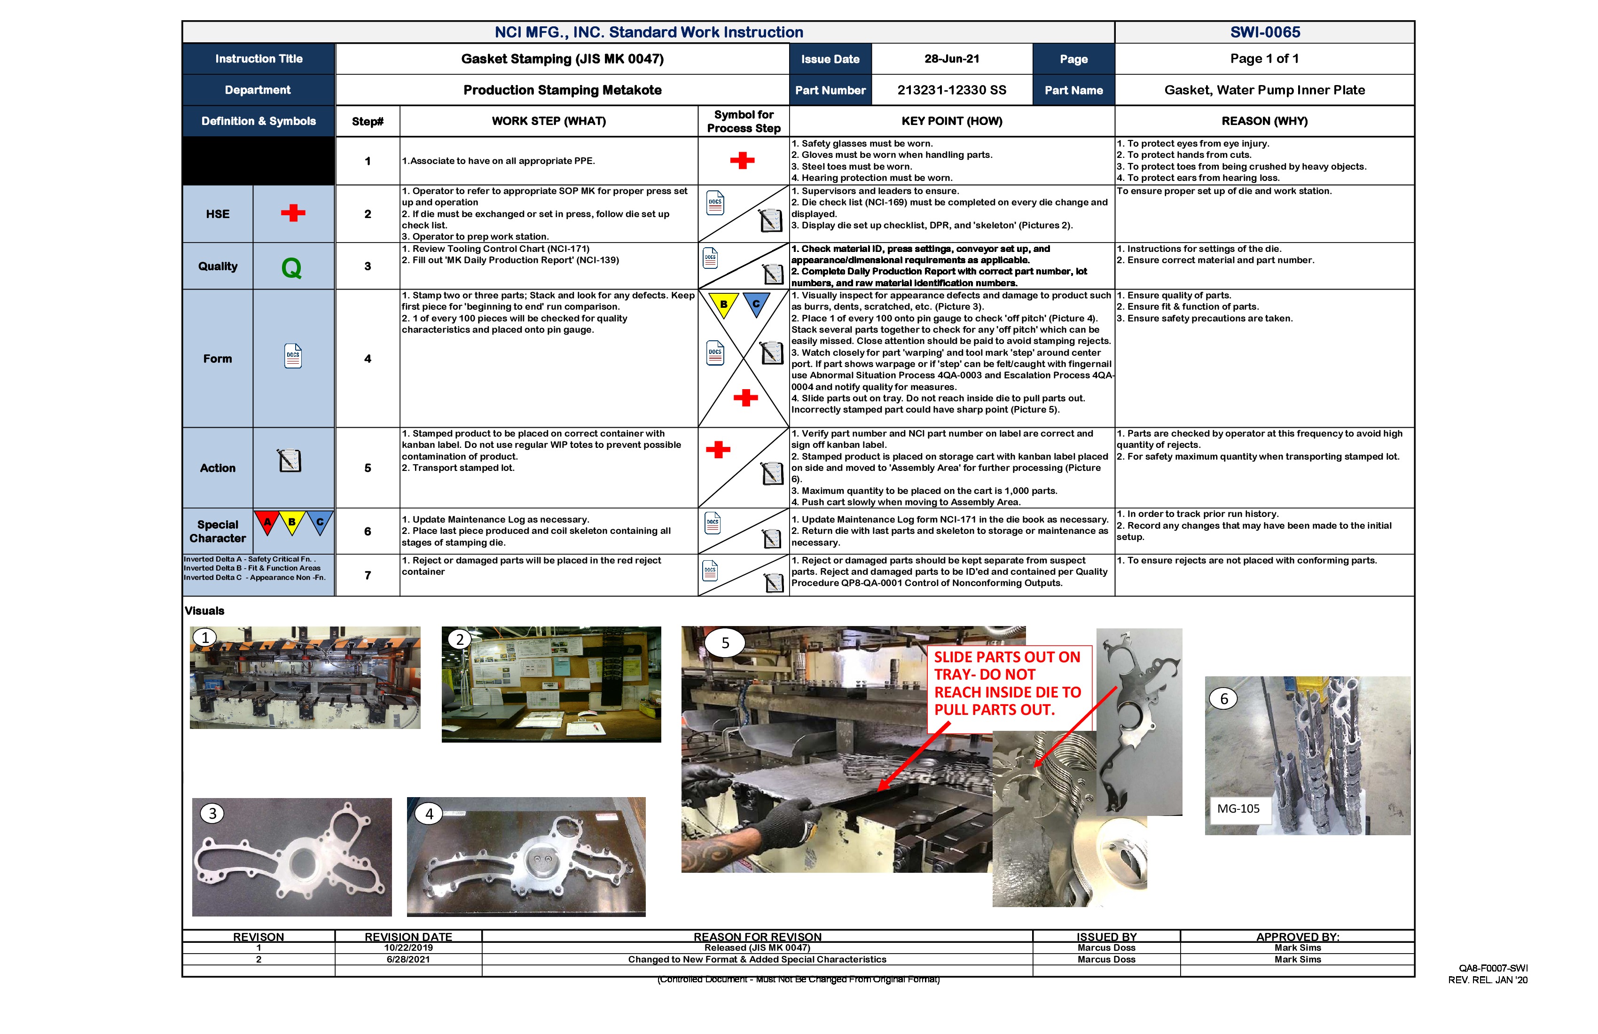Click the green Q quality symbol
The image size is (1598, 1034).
coord(291,268)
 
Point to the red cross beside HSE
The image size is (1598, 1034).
coord(293,213)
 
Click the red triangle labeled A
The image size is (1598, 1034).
coord(267,522)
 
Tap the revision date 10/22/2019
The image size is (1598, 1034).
coord(408,948)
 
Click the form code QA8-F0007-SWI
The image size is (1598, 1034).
coord(1493,968)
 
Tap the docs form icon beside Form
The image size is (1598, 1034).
coord(293,357)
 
